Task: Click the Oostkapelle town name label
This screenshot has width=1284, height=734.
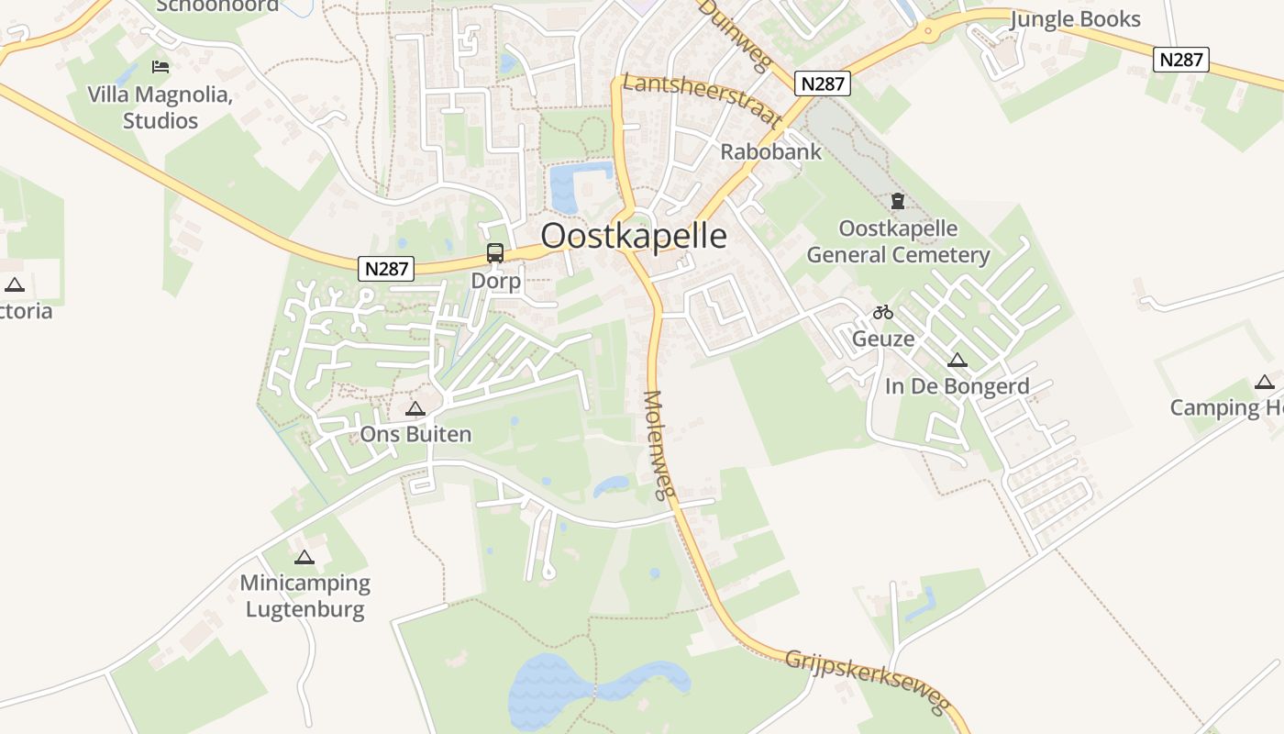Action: [x=633, y=236]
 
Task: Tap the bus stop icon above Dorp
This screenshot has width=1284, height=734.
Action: [x=495, y=253]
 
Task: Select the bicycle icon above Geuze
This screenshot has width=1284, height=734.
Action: [x=883, y=312]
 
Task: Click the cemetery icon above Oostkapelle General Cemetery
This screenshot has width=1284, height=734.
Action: [x=898, y=201]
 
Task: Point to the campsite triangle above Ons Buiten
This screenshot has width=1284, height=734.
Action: [x=415, y=408]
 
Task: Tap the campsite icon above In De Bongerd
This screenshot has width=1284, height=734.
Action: [x=957, y=361]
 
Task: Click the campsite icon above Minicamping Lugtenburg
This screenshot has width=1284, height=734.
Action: [x=304, y=557]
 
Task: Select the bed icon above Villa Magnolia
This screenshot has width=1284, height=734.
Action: [x=160, y=66]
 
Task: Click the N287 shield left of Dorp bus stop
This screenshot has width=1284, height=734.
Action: [x=386, y=269]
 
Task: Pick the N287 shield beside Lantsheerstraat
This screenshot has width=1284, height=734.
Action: [x=823, y=83]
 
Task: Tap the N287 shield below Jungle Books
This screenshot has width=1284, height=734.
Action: [x=1180, y=60]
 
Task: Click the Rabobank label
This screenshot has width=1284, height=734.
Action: [x=771, y=151]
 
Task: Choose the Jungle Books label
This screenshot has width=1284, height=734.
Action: [x=1075, y=19]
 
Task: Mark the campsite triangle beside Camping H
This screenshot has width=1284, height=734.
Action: [x=1265, y=383]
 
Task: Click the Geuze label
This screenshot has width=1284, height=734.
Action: [x=883, y=339]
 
